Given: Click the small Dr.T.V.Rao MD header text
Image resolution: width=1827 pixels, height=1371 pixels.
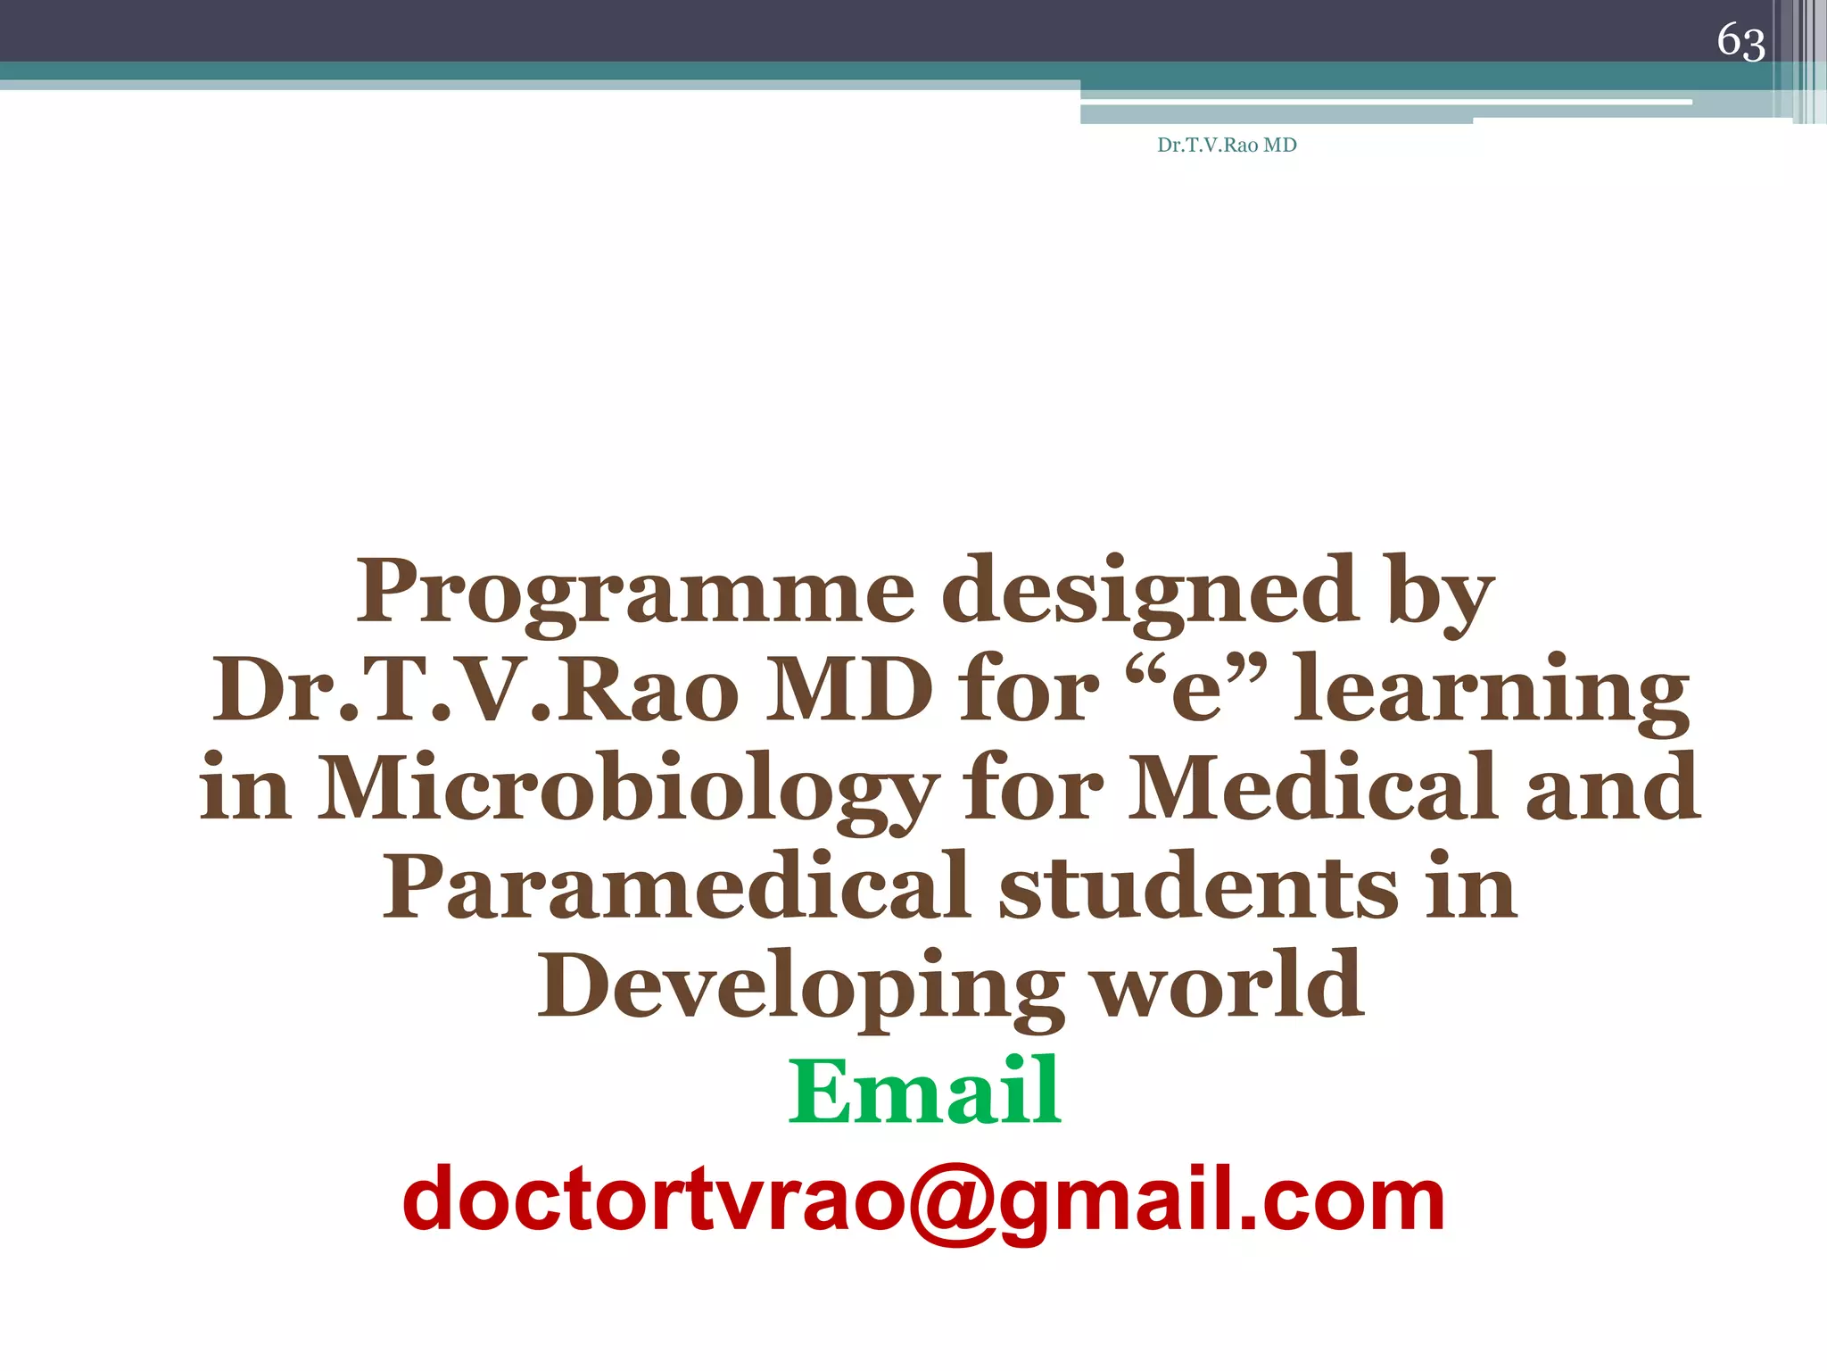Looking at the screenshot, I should [x=1227, y=145].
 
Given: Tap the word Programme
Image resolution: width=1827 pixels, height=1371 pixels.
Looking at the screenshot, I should [x=635, y=593].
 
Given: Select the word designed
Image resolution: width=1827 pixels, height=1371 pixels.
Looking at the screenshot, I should [x=1150, y=593].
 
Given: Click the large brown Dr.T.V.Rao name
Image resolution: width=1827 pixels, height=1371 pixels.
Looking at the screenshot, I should [x=475, y=691].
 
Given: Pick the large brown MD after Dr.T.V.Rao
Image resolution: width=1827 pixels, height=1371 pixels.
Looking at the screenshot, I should [x=848, y=691].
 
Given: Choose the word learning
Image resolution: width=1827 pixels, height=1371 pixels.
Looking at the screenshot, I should [x=1491, y=693].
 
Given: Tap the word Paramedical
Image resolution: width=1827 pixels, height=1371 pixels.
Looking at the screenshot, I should [x=675, y=887].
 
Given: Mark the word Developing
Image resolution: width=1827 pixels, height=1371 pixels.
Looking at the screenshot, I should [x=800, y=987].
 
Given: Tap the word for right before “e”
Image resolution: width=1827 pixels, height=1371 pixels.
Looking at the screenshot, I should [x=1027, y=691].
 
